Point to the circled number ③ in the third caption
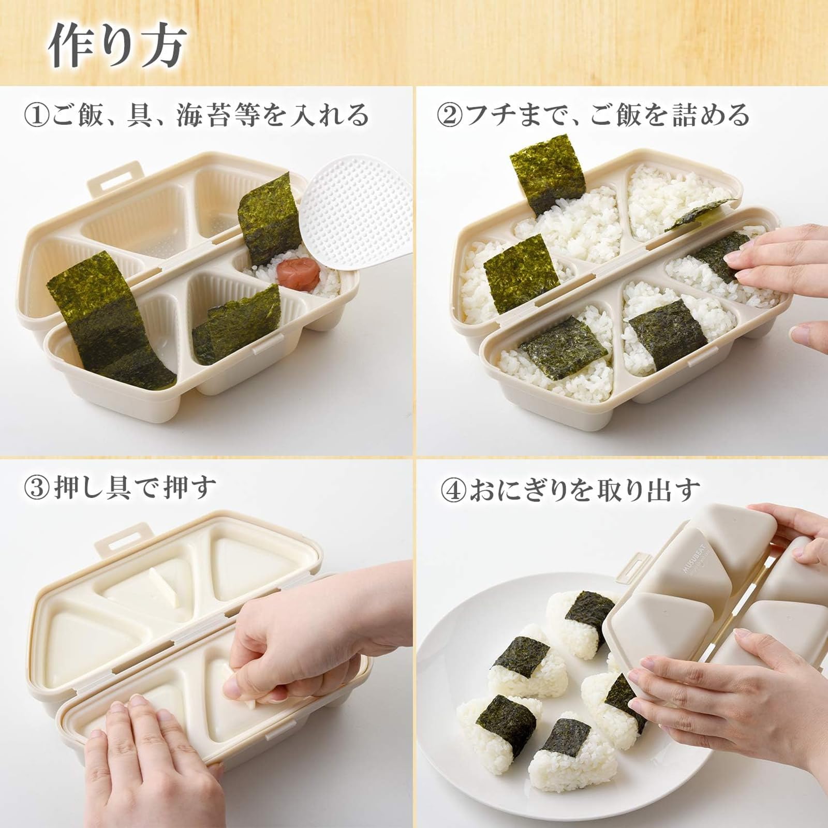click(x=37, y=489)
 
